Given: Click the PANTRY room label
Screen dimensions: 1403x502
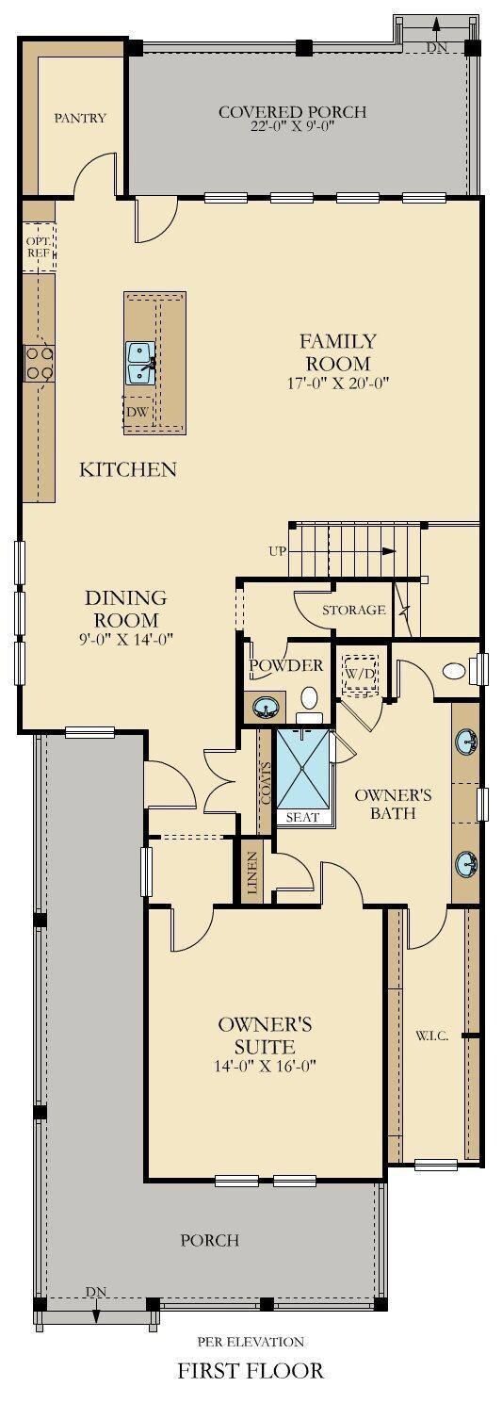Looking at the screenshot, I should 80,118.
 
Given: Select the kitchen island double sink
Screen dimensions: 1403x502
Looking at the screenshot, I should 140,363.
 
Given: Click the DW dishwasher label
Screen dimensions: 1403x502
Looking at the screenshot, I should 136,411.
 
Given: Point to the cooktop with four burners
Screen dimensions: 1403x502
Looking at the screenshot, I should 40,362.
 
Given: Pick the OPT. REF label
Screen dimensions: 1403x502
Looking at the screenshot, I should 38,247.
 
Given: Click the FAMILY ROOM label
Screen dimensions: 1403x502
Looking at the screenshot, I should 337,351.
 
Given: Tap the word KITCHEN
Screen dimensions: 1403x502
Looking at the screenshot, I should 127,468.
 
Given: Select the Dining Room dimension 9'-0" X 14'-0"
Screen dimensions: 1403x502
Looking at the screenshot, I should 126,639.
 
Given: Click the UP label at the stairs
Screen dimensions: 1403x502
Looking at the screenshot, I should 277,551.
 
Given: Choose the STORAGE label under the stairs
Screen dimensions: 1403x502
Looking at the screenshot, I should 353,610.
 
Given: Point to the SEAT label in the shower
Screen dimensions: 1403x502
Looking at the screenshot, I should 302,817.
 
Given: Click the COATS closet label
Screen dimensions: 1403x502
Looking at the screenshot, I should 266,783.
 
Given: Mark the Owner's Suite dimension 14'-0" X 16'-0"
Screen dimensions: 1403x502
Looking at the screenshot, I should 266,1066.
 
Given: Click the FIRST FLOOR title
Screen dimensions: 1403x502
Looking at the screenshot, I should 251,1369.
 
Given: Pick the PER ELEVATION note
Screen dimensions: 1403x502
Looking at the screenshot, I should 251,1341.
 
